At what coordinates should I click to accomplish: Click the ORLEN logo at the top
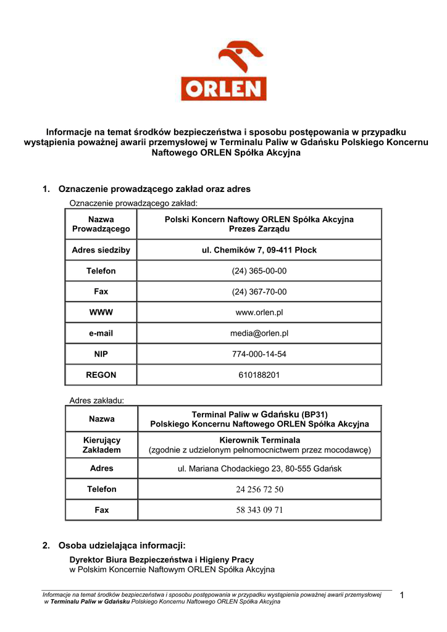click(223, 70)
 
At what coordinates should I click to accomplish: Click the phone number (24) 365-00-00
click(259, 271)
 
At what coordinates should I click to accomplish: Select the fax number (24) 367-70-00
click(259, 292)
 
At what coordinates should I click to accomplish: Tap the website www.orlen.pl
click(259, 312)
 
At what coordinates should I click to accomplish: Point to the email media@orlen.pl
click(259, 333)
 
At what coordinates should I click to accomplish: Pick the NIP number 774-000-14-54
click(259, 354)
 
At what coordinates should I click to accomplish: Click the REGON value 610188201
click(259, 375)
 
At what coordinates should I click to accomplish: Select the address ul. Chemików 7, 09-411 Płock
click(259, 250)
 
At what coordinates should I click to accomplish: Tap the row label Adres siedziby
click(101, 250)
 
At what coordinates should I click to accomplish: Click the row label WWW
click(101, 312)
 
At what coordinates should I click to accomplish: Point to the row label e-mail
click(101, 333)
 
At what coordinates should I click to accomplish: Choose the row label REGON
click(101, 375)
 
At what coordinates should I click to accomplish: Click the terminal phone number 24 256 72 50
click(259, 489)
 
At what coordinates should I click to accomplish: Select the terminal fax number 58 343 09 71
click(259, 510)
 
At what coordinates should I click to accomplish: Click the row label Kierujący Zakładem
click(101, 445)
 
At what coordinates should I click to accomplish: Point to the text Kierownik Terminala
click(259, 440)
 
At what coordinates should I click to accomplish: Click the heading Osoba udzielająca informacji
click(122, 546)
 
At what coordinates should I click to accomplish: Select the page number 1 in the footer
click(402, 595)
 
